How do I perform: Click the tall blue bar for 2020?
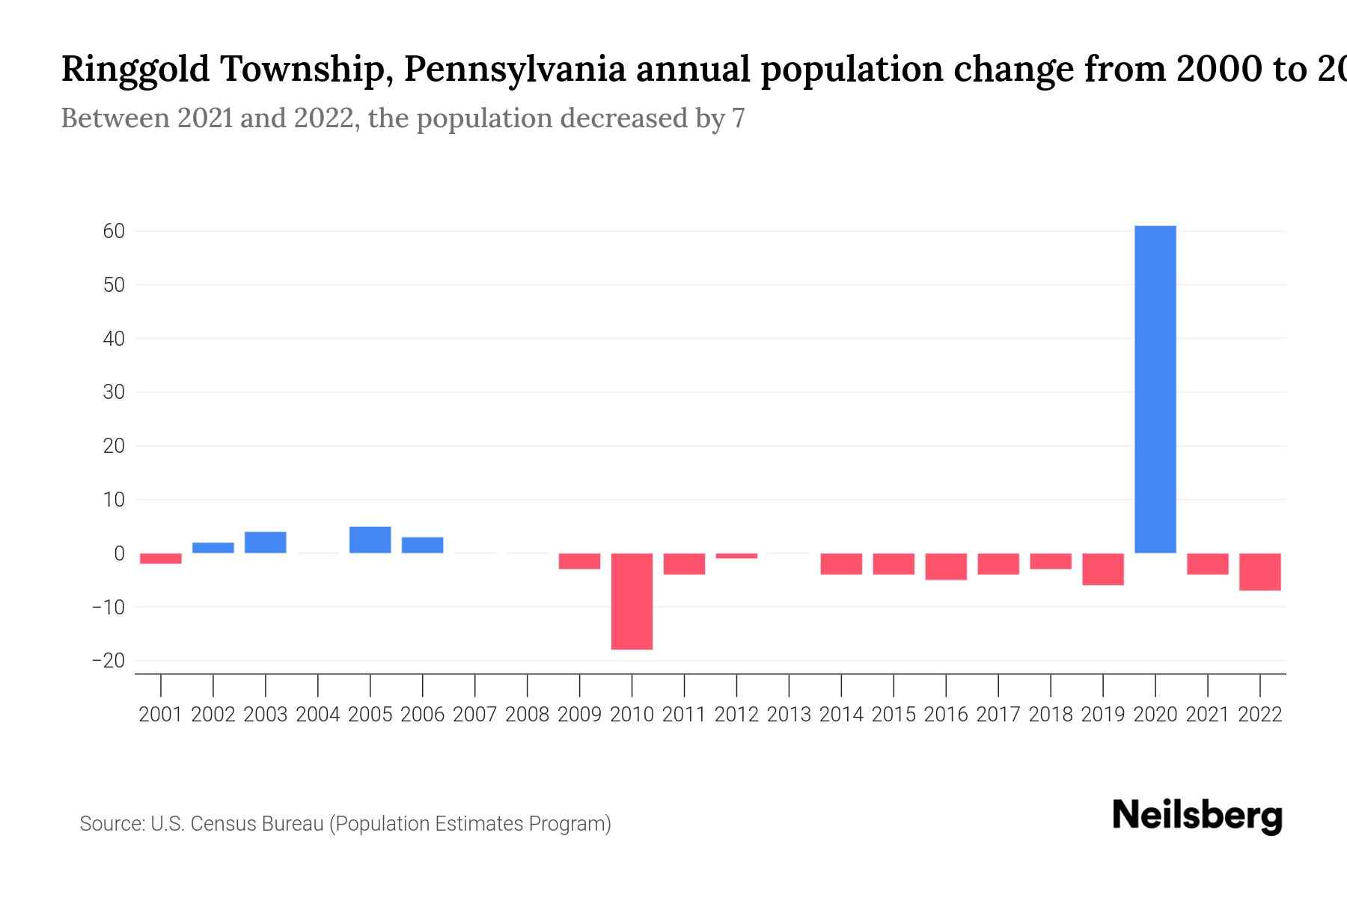[1155, 389]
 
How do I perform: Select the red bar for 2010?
[632, 601]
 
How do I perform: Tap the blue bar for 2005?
[370, 540]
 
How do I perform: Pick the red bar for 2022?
[1260, 572]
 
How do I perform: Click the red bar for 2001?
[161, 558]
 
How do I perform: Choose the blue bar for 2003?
[265, 543]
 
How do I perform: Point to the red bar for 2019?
[1103, 569]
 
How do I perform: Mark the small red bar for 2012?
[736, 555]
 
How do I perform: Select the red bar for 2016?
[946, 566]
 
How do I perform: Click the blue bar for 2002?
[213, 548]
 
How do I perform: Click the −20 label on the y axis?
[108, 661]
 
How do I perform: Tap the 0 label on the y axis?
[119, 553]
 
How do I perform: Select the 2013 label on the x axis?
[789, 715]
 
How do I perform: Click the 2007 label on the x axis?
[474, 715]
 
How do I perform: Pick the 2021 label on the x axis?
[1207, 715]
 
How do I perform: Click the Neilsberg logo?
[1197, 816]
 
